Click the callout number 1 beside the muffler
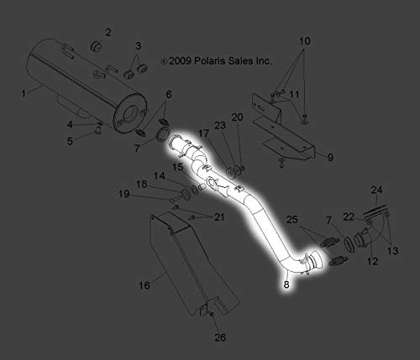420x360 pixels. coord(24,93)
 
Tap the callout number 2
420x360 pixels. coord(108,33)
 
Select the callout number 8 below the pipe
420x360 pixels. coord(286,284)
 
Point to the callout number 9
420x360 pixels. coord(330,157)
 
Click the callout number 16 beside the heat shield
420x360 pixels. coord(144,285)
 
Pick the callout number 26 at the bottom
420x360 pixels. coord(220,337)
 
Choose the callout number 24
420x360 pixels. coord(376,190)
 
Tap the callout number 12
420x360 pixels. coord(373,261)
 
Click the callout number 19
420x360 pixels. coord(124,194)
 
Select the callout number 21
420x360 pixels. coord(219,217)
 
